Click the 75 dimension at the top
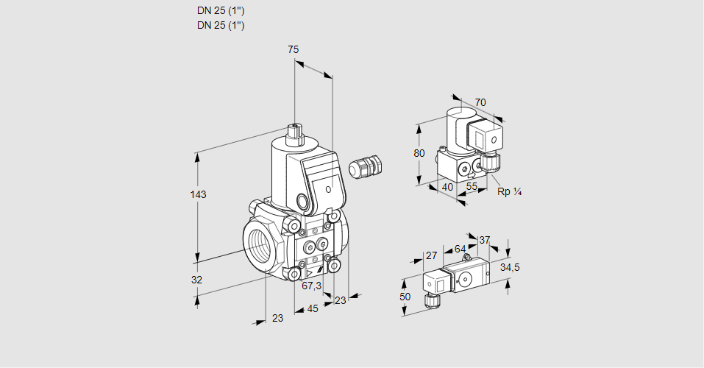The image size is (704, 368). tap(293, 49)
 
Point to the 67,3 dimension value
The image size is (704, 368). tap(312, 286)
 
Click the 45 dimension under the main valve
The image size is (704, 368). tap(313, 308)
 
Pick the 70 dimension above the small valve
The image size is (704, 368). tap(480, 102)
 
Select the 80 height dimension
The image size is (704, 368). tap(419, 153)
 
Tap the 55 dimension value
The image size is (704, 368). tap(472, 187)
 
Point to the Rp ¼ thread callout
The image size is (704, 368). tap(509, 192)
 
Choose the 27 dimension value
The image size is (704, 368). tap(432, 255)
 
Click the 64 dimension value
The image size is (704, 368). tap(460, 249)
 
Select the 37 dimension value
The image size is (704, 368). tap(484, 240)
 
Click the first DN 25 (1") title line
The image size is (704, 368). tap(221, 12)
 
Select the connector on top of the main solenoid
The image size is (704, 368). tap(295, 133)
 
